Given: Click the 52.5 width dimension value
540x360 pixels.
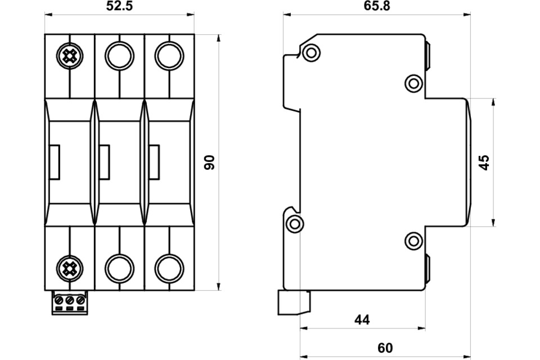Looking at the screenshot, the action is coord(119,6).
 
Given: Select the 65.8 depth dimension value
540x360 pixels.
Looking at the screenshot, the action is coord(377,6).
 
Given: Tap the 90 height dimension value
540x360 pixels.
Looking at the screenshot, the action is coord(209,162).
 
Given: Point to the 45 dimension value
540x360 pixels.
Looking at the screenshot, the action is coord(484,162).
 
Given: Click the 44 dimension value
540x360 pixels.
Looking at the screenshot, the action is coord(362,320).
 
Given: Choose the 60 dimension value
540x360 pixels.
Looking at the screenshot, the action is coord(385,348).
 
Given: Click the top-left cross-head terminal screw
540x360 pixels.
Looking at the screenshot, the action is coord(70,56).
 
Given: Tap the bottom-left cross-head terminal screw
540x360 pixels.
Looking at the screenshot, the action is coord(70,268).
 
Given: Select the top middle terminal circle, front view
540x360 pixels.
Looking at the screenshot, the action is coord(119,56).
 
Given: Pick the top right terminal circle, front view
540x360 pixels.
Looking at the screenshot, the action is coord(169,56).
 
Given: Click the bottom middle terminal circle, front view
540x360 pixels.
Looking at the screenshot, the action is coord(119,268).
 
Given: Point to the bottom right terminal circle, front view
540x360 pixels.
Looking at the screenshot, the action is coord(169,268).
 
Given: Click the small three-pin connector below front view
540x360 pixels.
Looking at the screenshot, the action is coord(70,303).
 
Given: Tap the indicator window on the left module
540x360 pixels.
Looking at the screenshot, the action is coord(55,162).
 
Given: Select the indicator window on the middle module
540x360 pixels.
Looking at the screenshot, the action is coord(105,162).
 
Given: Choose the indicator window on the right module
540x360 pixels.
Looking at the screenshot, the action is coord(154,162).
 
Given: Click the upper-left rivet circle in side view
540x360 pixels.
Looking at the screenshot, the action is coord(311,53).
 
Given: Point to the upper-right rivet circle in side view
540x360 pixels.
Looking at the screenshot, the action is coord(413,83).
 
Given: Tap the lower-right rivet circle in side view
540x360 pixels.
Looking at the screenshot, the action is coord(413,241).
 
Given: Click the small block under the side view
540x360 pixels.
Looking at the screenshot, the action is coord(294,303).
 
